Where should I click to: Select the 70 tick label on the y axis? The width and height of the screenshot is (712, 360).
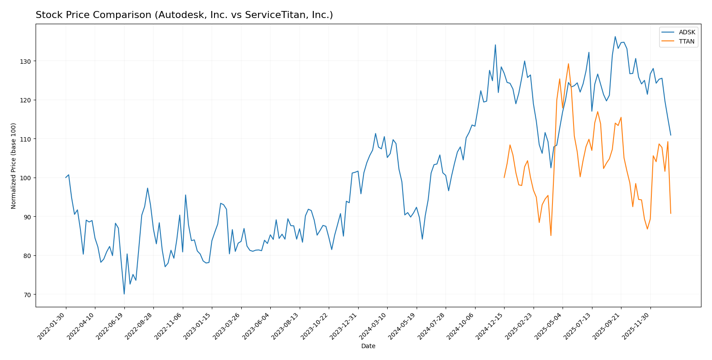pyautogui.click(x=28, y=295)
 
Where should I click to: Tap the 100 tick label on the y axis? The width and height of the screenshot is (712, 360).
pyautogui.click(x=27, y=178)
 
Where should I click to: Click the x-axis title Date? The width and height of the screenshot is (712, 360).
pyautogui.click(x=368, y=346)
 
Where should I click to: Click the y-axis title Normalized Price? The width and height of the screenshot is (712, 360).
pyautogui.click(x=14, y=166)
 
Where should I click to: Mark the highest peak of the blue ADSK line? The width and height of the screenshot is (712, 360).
pyautogui.click(x=615, y=36)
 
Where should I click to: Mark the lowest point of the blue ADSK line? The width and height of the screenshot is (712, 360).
pyautogui.click(x=124, y=294)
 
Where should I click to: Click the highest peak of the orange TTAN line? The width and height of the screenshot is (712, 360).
pyautogui.click(x=568, y=64)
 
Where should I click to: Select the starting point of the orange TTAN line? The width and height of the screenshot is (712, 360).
pyautogui.click(x=504, y=178)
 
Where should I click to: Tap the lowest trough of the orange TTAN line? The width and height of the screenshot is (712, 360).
pyautogui.click(x=551, y=236)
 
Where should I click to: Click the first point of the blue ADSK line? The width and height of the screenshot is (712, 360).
pyautogui.click(x=66, y=178)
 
